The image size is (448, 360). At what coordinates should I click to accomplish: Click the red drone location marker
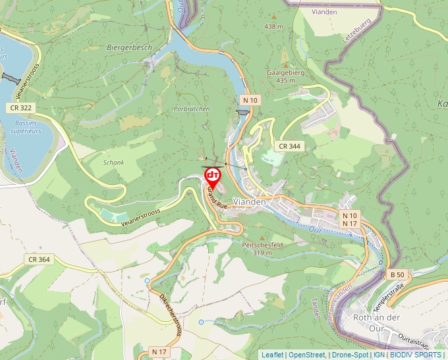pos(213,176)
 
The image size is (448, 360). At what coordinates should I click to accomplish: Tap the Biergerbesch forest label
pos(129,47)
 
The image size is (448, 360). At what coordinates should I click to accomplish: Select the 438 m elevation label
pos(273,26)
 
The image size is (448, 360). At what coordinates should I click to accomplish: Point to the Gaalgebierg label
pos(285,72)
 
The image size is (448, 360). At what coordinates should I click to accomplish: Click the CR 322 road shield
pos(21,107)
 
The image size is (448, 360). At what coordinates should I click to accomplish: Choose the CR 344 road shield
pos(290,146)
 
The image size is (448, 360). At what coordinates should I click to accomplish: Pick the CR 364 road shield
pos(39,259)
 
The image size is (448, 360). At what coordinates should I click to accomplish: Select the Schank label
pos(113,162)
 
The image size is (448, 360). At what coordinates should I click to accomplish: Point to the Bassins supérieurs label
pos(26,126)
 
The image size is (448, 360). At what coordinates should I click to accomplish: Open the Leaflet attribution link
pos(272,355)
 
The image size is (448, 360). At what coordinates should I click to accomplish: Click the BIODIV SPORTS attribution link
pos(416,355)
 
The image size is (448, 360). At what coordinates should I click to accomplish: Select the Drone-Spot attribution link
pos(350,355)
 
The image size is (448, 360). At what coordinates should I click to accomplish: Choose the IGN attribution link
pos(379,355)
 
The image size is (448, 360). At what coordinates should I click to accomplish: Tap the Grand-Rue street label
pos(217,197)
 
